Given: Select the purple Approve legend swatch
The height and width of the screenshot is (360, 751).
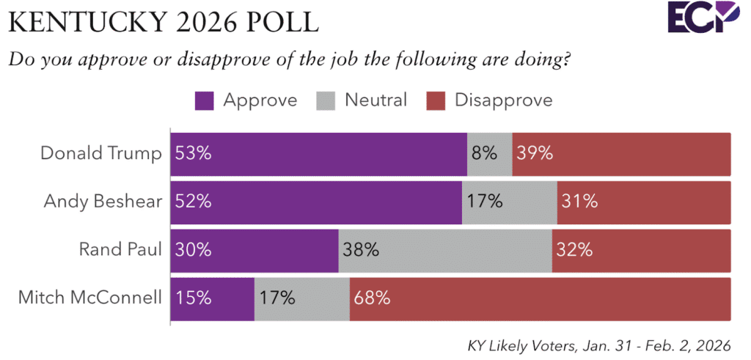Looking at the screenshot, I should pyautogui.click(x=205, y=100).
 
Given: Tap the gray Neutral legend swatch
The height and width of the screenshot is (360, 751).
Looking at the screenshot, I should pyautogui.click(x=326, y=100).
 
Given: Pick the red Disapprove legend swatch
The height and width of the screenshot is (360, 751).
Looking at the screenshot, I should pyautogui.click(x=436, y=100).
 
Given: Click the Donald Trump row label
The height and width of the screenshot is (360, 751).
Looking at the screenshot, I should pyautogui.click(x=101, y=153).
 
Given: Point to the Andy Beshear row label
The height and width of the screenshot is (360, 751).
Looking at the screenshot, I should pyautogui.click(x=104, y=201).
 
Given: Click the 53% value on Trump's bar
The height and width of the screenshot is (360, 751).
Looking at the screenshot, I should pyautogui.click(x=193, y=153).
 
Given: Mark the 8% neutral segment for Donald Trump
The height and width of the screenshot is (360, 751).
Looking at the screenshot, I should pyautogui.click(x=489, y=153).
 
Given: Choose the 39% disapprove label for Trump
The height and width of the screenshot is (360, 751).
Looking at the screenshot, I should pyautogui.click(x=535, y=153).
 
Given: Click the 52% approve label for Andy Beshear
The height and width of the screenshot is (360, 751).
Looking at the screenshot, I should pyautogui.click(x=193, y=201).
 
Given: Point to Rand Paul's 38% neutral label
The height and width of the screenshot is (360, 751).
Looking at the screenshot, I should pyautogui.click(x=361, y=249).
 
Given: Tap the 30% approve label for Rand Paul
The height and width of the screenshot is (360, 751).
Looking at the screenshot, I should pyautogui.click(x=193, y=249).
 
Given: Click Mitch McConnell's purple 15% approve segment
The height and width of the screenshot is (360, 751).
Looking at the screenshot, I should pyautogui.click(x=213, y=297).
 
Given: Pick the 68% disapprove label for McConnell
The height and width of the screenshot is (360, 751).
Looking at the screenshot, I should pyautogui.click(x=372, y=297).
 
